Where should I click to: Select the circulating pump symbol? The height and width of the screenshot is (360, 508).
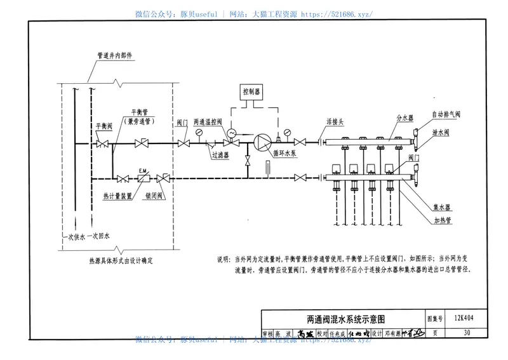(x=260, y=143)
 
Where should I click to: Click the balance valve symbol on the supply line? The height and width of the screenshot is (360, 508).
(x=102, y=145)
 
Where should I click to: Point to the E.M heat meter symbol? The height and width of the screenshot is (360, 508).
(x=144, y=177)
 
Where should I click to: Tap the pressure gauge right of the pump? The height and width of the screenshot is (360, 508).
(x=288, y=133)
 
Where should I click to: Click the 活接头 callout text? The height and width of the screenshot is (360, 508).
(x=335, y=121)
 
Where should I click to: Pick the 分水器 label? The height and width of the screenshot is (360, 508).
(x=404, y=119)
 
